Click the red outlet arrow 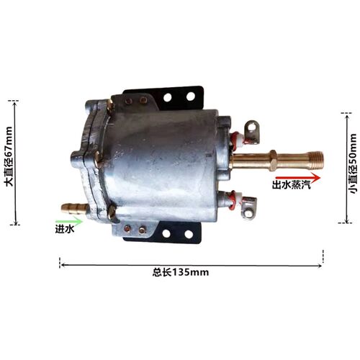[297, 178]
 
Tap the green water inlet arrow [69, 220]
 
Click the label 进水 [65, 230]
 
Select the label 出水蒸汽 [291, 185]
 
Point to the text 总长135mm [181, 272]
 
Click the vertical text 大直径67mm [9, 156]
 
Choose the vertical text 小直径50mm [354, 163]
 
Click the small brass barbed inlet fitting [74, 207]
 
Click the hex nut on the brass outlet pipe [274, 160]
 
